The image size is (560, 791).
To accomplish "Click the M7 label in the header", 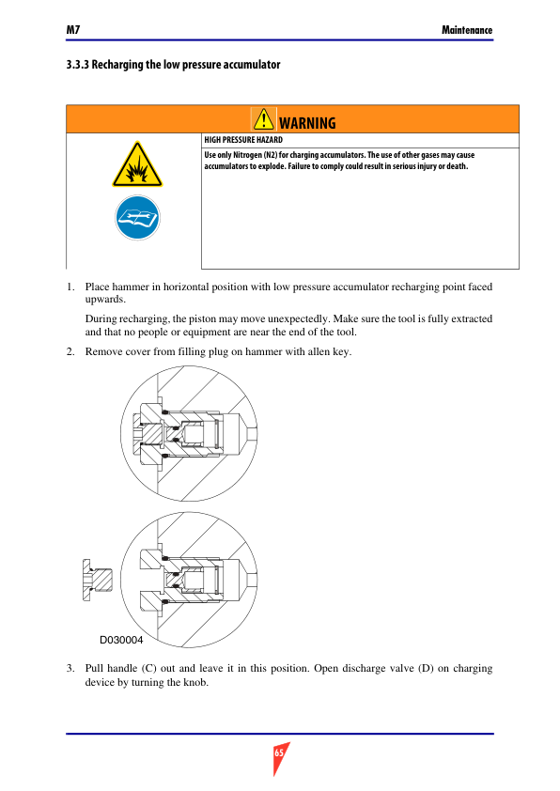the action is pyautogui.click(x=73, y=30).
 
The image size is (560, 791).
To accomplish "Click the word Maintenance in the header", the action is pyautogui.click(x=467, y=30).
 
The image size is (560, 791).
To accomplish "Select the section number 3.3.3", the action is pyautogui.click(x=78, y=65).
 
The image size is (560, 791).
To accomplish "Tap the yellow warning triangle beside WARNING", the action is pyautogui.click(x=263, y=119).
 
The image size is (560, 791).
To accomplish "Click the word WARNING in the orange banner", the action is pyautogui.click(x=307, y=123).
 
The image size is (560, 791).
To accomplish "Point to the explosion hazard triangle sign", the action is pyautogui.click(x=137, y=164).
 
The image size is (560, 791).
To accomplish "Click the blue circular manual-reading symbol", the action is pyautogui.click(x=137, y=217).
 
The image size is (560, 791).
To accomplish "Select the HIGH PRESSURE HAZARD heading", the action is pyautogui.click(x=243, y=140).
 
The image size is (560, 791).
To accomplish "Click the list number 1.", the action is pyautogui.click(x=70, y=287).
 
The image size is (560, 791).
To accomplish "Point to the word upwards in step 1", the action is pyautogui.click(x=105, y=300).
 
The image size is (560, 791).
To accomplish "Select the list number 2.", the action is pyautogui.click(x=70, y=351).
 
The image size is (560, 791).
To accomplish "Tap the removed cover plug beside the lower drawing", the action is pyautogui.click(x=98, y=581).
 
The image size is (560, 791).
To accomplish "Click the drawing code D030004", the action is pyautogui.click(x=121, y=640).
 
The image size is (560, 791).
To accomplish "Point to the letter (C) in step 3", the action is pyautogui.click(x=148, y=669).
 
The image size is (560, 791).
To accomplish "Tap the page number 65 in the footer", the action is pyautogui.click(x=279, y=753).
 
